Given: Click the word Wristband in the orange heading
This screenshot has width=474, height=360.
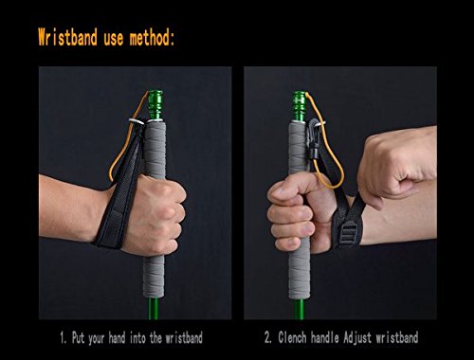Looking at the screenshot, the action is point(67,37).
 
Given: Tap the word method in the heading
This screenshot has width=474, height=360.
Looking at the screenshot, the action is point(150,38).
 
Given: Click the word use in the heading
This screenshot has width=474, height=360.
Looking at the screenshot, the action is point(114,39).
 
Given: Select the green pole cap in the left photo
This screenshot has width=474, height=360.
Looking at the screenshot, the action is point(155,105).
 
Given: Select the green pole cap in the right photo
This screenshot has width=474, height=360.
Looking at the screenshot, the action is point(300,105).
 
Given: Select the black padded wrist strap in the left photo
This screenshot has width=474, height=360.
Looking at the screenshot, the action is point(121,189).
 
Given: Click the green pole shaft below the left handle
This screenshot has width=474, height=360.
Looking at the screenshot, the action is point(154,308).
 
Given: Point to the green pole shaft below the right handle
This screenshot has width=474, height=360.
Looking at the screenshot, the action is point(299,310).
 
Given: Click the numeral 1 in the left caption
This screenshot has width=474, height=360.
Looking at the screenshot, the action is point(63,338).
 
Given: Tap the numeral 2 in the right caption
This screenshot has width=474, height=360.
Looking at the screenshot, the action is point(267,338).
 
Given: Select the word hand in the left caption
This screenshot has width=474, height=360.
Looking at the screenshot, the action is point(117,338).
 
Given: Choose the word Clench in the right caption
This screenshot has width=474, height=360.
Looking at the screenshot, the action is point(292,337).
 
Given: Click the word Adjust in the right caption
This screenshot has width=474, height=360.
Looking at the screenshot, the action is point(357,338).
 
